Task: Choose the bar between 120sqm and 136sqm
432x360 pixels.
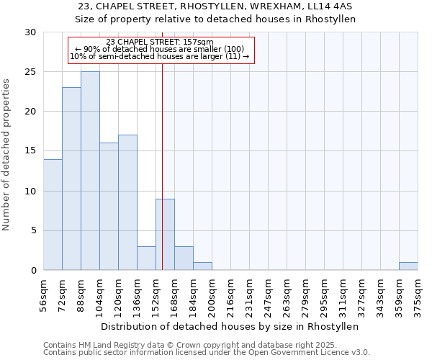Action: click(127, 202)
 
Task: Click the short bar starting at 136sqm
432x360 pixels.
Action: click(146, 258)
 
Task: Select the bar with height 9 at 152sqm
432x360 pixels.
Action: click(165, 235)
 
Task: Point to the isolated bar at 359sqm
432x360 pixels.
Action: click(408, 266)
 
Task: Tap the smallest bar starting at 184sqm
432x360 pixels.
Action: click(202, 266)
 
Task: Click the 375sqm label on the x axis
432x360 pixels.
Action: click(418, 294)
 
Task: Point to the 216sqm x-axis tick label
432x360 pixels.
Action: click(231, 294)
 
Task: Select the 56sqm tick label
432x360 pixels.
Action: click(44, 294)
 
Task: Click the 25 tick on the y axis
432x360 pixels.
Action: click(31, 72)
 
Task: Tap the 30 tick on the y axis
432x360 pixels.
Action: click(31, 32)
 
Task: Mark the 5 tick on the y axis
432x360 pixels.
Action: click(34, 231)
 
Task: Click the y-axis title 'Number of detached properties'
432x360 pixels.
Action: click(6, 155)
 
